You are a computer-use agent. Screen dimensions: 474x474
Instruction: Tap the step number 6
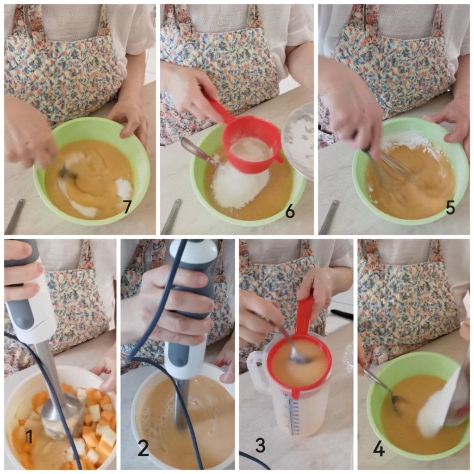(290, 211)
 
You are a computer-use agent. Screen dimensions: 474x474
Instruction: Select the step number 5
(450, 207)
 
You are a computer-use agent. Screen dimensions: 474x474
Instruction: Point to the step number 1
(29, 437)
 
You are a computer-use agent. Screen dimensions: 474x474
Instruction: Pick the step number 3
(261, 445)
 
